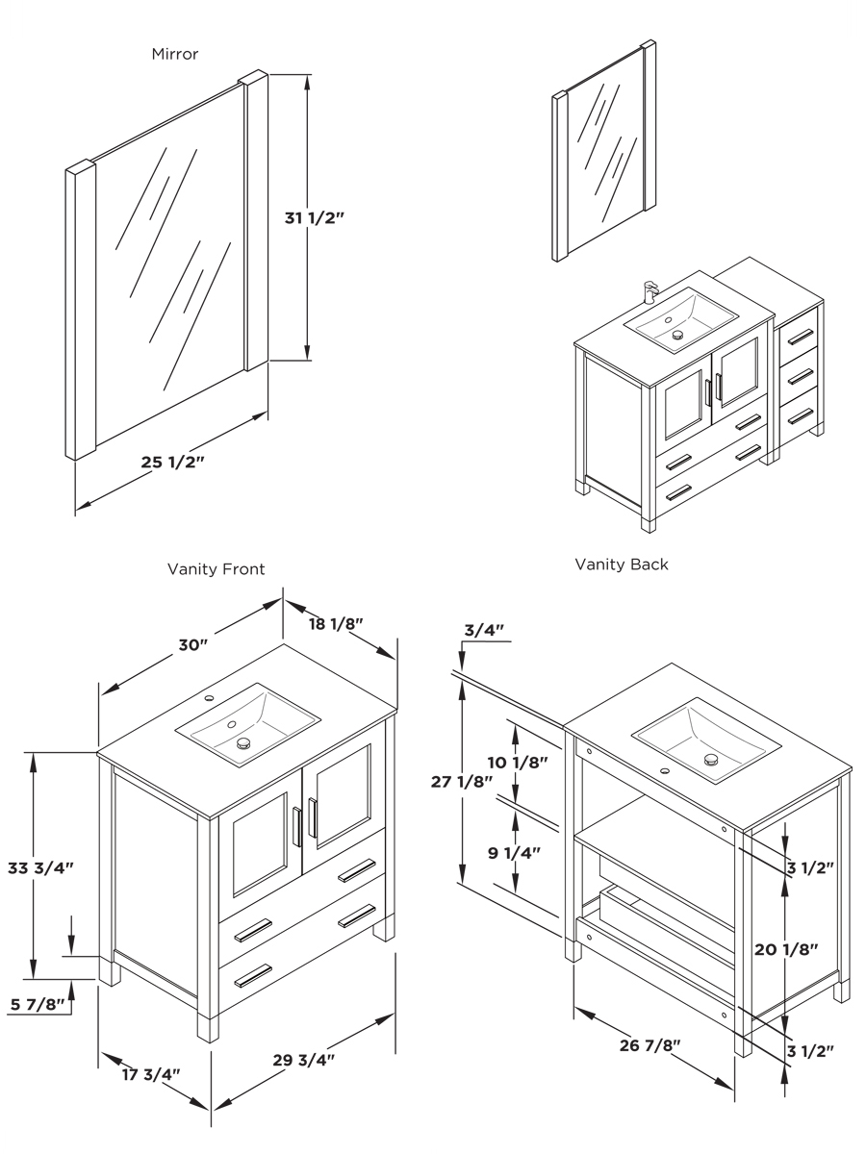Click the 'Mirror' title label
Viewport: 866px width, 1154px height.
click(175, 54)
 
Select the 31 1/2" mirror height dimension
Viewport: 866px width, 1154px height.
click(315, 218)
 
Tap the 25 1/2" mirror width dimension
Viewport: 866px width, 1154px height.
click(173, 462)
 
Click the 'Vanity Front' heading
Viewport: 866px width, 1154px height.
click(216, 569)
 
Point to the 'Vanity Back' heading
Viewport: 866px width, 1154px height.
click(622, 564)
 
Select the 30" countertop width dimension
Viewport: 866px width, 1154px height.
click(191, 644)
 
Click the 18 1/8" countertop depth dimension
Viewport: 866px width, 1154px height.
click(335, 623)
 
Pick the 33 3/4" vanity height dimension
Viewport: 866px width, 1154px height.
click(42, 866)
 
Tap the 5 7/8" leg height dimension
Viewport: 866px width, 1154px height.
click(38, 1005)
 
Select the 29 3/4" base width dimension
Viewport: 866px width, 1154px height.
click(303, 1060)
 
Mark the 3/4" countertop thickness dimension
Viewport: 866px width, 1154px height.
click(484, 630)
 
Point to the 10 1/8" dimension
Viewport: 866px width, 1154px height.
click(517, 763)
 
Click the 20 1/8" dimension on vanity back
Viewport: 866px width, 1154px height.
click(786, 949)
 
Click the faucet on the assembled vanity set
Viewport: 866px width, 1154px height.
click(649, 290)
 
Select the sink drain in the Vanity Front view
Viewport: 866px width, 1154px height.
click(243, 742)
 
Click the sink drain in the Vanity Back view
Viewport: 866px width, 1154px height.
click(711, 760)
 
